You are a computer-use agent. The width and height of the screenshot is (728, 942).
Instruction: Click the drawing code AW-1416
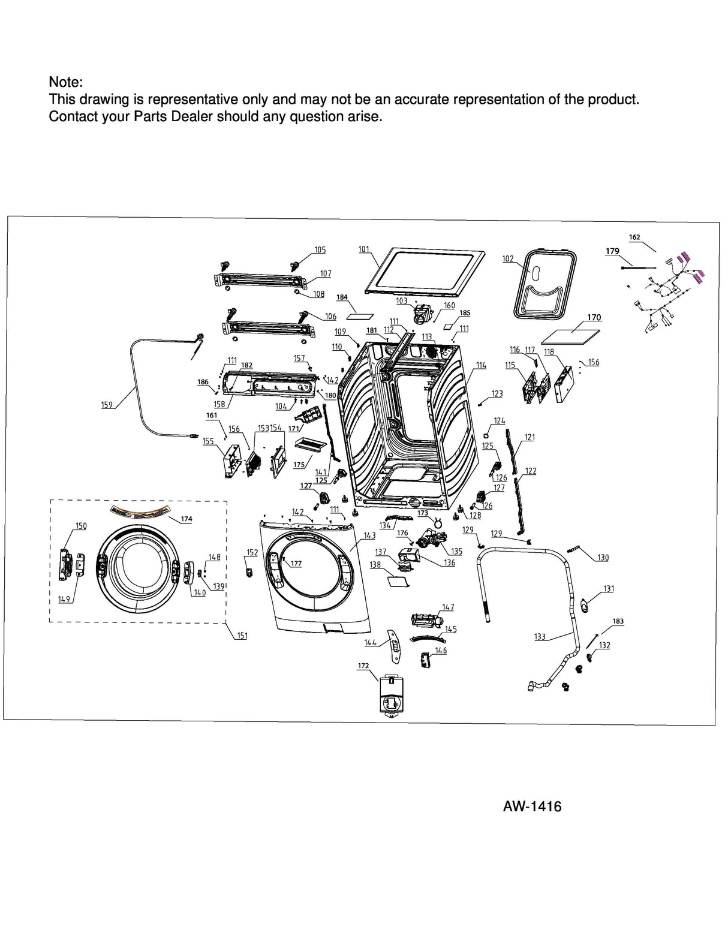click(532, 806)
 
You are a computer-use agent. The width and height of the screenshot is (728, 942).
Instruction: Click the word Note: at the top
click(65, 82)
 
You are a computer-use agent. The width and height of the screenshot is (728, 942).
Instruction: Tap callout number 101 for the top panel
click(364, 249)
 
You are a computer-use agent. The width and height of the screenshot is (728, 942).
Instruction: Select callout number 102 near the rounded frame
click(508, 259)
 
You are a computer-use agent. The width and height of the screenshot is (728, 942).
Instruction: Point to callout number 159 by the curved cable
click(107, 405)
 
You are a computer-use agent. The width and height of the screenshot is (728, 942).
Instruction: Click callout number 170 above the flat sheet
click(594, 318)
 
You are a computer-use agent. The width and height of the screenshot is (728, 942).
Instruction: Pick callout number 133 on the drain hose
click(540, 637)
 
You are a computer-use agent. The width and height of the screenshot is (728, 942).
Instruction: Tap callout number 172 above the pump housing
click(363, 666)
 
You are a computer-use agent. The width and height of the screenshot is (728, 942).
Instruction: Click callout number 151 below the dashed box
click(242, 636)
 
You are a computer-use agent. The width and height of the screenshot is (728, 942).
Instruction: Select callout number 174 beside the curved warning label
click(186, 519)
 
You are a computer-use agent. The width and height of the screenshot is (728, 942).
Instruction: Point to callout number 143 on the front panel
click(369, 535)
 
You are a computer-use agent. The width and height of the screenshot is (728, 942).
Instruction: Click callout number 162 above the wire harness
click(634, 237)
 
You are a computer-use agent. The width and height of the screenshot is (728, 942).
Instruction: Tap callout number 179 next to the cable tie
click(612, 251)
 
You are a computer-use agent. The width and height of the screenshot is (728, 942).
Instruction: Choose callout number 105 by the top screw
click(320, 250)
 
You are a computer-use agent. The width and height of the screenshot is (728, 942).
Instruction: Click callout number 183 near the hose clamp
click(618, 622)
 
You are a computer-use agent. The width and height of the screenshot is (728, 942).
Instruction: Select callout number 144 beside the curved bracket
click(370, 643)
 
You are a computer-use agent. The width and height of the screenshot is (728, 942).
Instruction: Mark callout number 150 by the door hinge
click(81, 526)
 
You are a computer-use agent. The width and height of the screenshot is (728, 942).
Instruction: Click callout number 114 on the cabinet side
click(481, 365)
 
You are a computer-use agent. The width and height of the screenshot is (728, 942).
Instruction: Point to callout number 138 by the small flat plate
click(375, 565)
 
